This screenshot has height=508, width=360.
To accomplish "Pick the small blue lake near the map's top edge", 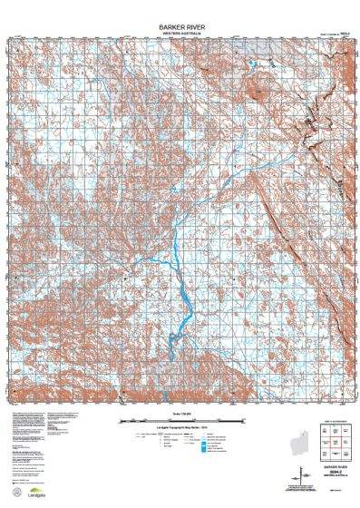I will [x=250, y=63].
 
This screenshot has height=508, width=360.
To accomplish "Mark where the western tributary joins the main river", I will [x=172, y=259].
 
